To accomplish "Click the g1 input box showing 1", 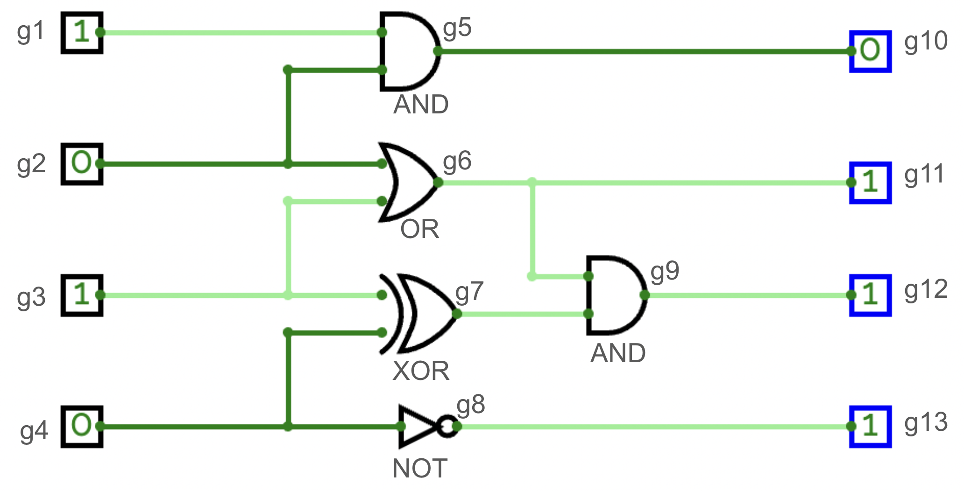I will (82, 33).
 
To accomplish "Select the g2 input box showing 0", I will (82, 164).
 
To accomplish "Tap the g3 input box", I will (82, 295).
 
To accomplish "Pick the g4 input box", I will (82, 426).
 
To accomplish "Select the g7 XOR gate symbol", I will (423, 314).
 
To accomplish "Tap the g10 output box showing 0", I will (870, 51).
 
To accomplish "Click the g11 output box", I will (870, 182).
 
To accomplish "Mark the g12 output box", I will (870, 295).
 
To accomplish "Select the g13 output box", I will (870, 426).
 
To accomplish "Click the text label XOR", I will (421, 372).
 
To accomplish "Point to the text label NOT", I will (420, 468).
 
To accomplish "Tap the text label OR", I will (419, 230).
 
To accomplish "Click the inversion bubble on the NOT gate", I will (448, 426).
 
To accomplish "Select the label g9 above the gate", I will (665, 271).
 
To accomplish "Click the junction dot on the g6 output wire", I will (532, 182).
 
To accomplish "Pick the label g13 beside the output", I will (926, 423).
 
